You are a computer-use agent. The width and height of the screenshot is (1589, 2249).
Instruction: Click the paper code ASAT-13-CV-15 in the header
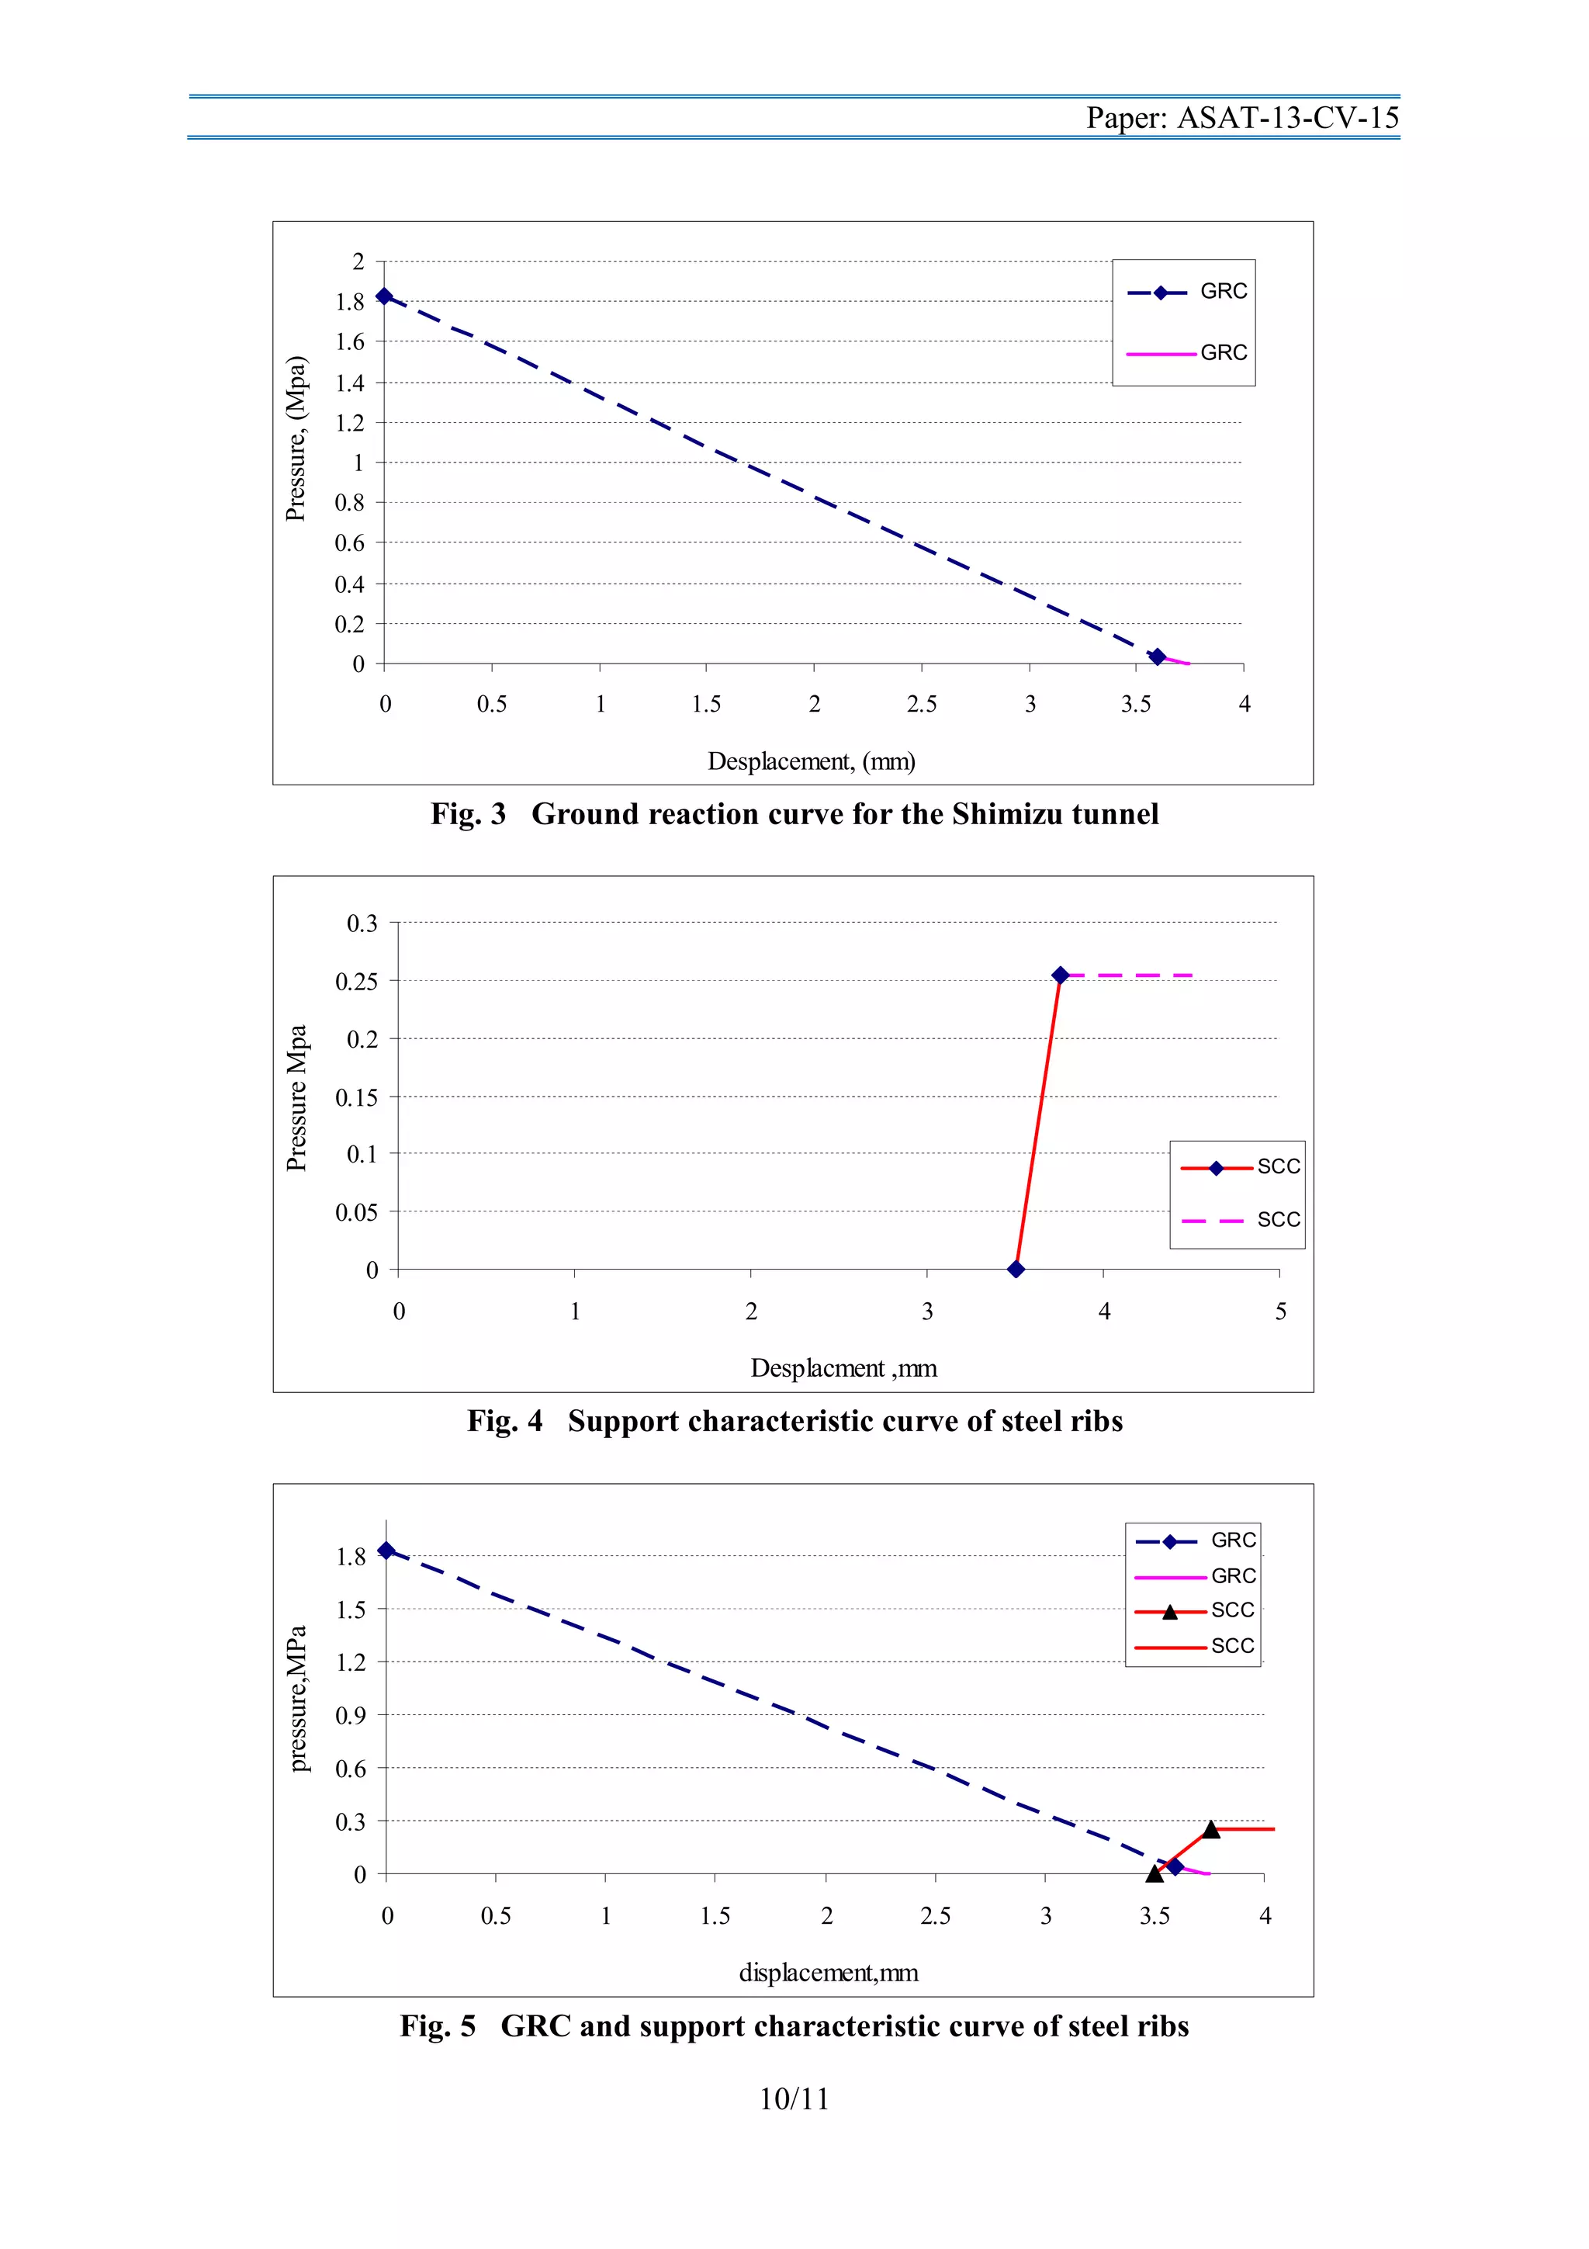[1286, 119]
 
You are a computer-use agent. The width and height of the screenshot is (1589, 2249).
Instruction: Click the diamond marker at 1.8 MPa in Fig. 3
[385, 296]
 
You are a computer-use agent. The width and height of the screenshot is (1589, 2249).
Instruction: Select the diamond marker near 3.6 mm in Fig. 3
[1158, 657]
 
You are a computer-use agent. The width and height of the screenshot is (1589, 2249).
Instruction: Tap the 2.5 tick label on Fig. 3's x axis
[921, 705]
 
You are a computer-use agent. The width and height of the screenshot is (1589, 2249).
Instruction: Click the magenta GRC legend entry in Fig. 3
[1186, 352]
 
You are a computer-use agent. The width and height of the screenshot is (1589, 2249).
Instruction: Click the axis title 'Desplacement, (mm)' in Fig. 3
[811, 761]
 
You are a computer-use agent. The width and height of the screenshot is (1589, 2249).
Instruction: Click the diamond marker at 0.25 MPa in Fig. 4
[1059, 975]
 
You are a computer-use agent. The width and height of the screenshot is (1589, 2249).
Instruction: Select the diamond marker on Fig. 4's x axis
[1016, 1270]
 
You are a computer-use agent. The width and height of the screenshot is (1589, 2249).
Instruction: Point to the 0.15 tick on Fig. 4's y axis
[355, 1098]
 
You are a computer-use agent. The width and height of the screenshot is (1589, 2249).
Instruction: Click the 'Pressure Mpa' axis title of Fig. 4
[296, 1097]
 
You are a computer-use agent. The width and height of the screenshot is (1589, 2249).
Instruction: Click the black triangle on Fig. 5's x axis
[1155, 1873]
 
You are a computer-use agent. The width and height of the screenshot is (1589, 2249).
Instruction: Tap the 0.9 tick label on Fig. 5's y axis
[351, 1716]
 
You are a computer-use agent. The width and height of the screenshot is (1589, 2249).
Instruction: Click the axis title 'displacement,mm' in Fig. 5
[829, 1973]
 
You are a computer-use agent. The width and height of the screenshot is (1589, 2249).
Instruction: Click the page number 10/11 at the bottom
[794, 2099]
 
